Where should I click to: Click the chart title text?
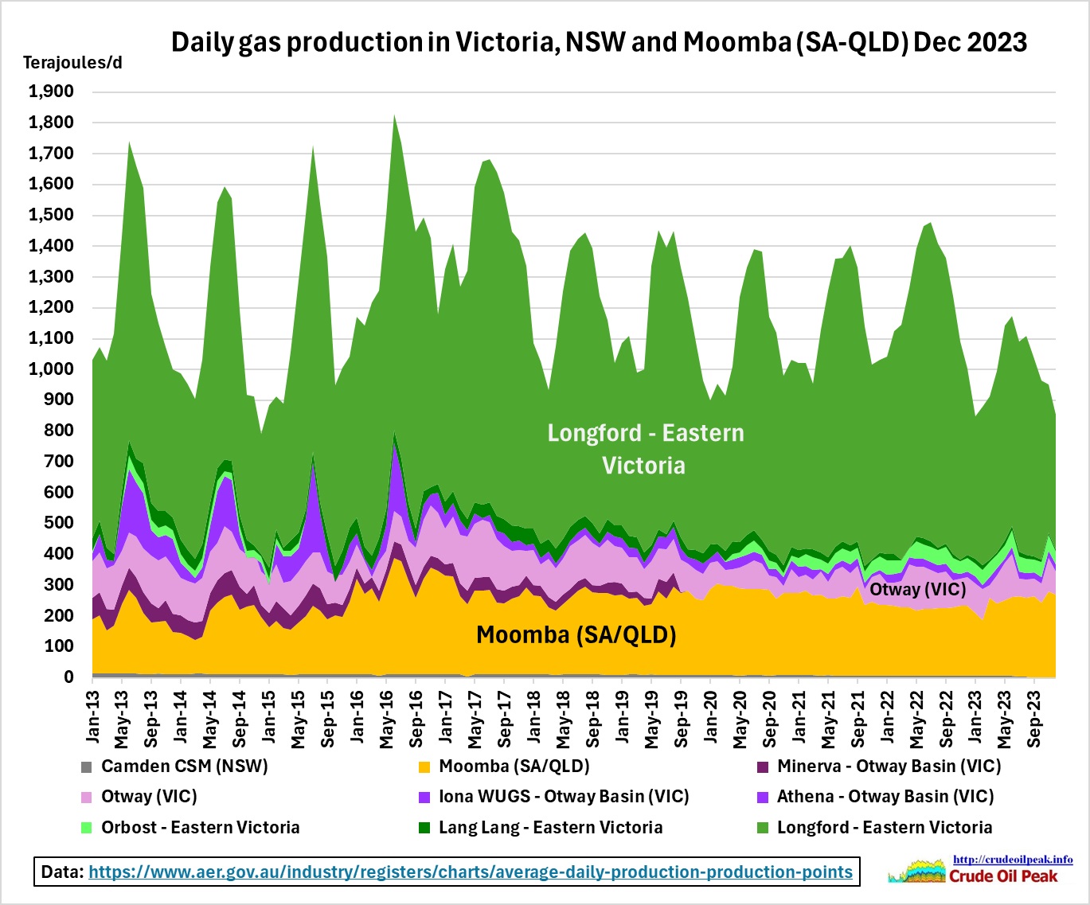599,41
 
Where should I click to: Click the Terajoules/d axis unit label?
72,62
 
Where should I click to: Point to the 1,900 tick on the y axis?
52,92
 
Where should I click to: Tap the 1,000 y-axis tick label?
52,369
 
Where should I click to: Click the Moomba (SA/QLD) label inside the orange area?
576,634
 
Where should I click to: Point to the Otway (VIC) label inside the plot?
917,589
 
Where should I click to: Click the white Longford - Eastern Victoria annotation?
645,449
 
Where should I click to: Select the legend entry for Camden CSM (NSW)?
184,767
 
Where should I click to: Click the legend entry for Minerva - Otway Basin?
889,767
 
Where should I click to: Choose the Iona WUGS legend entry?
564,797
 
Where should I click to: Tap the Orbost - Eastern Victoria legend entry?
200,827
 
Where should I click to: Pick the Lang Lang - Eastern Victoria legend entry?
550,827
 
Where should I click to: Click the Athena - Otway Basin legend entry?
885,797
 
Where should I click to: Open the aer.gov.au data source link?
470,872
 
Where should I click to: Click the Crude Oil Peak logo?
981,870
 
